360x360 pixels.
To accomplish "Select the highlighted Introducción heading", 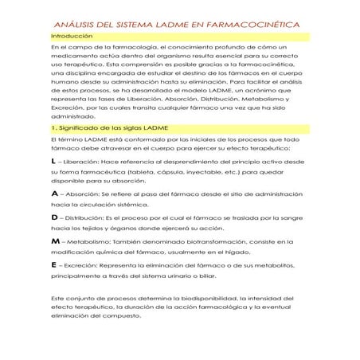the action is (x=71, y=37).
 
